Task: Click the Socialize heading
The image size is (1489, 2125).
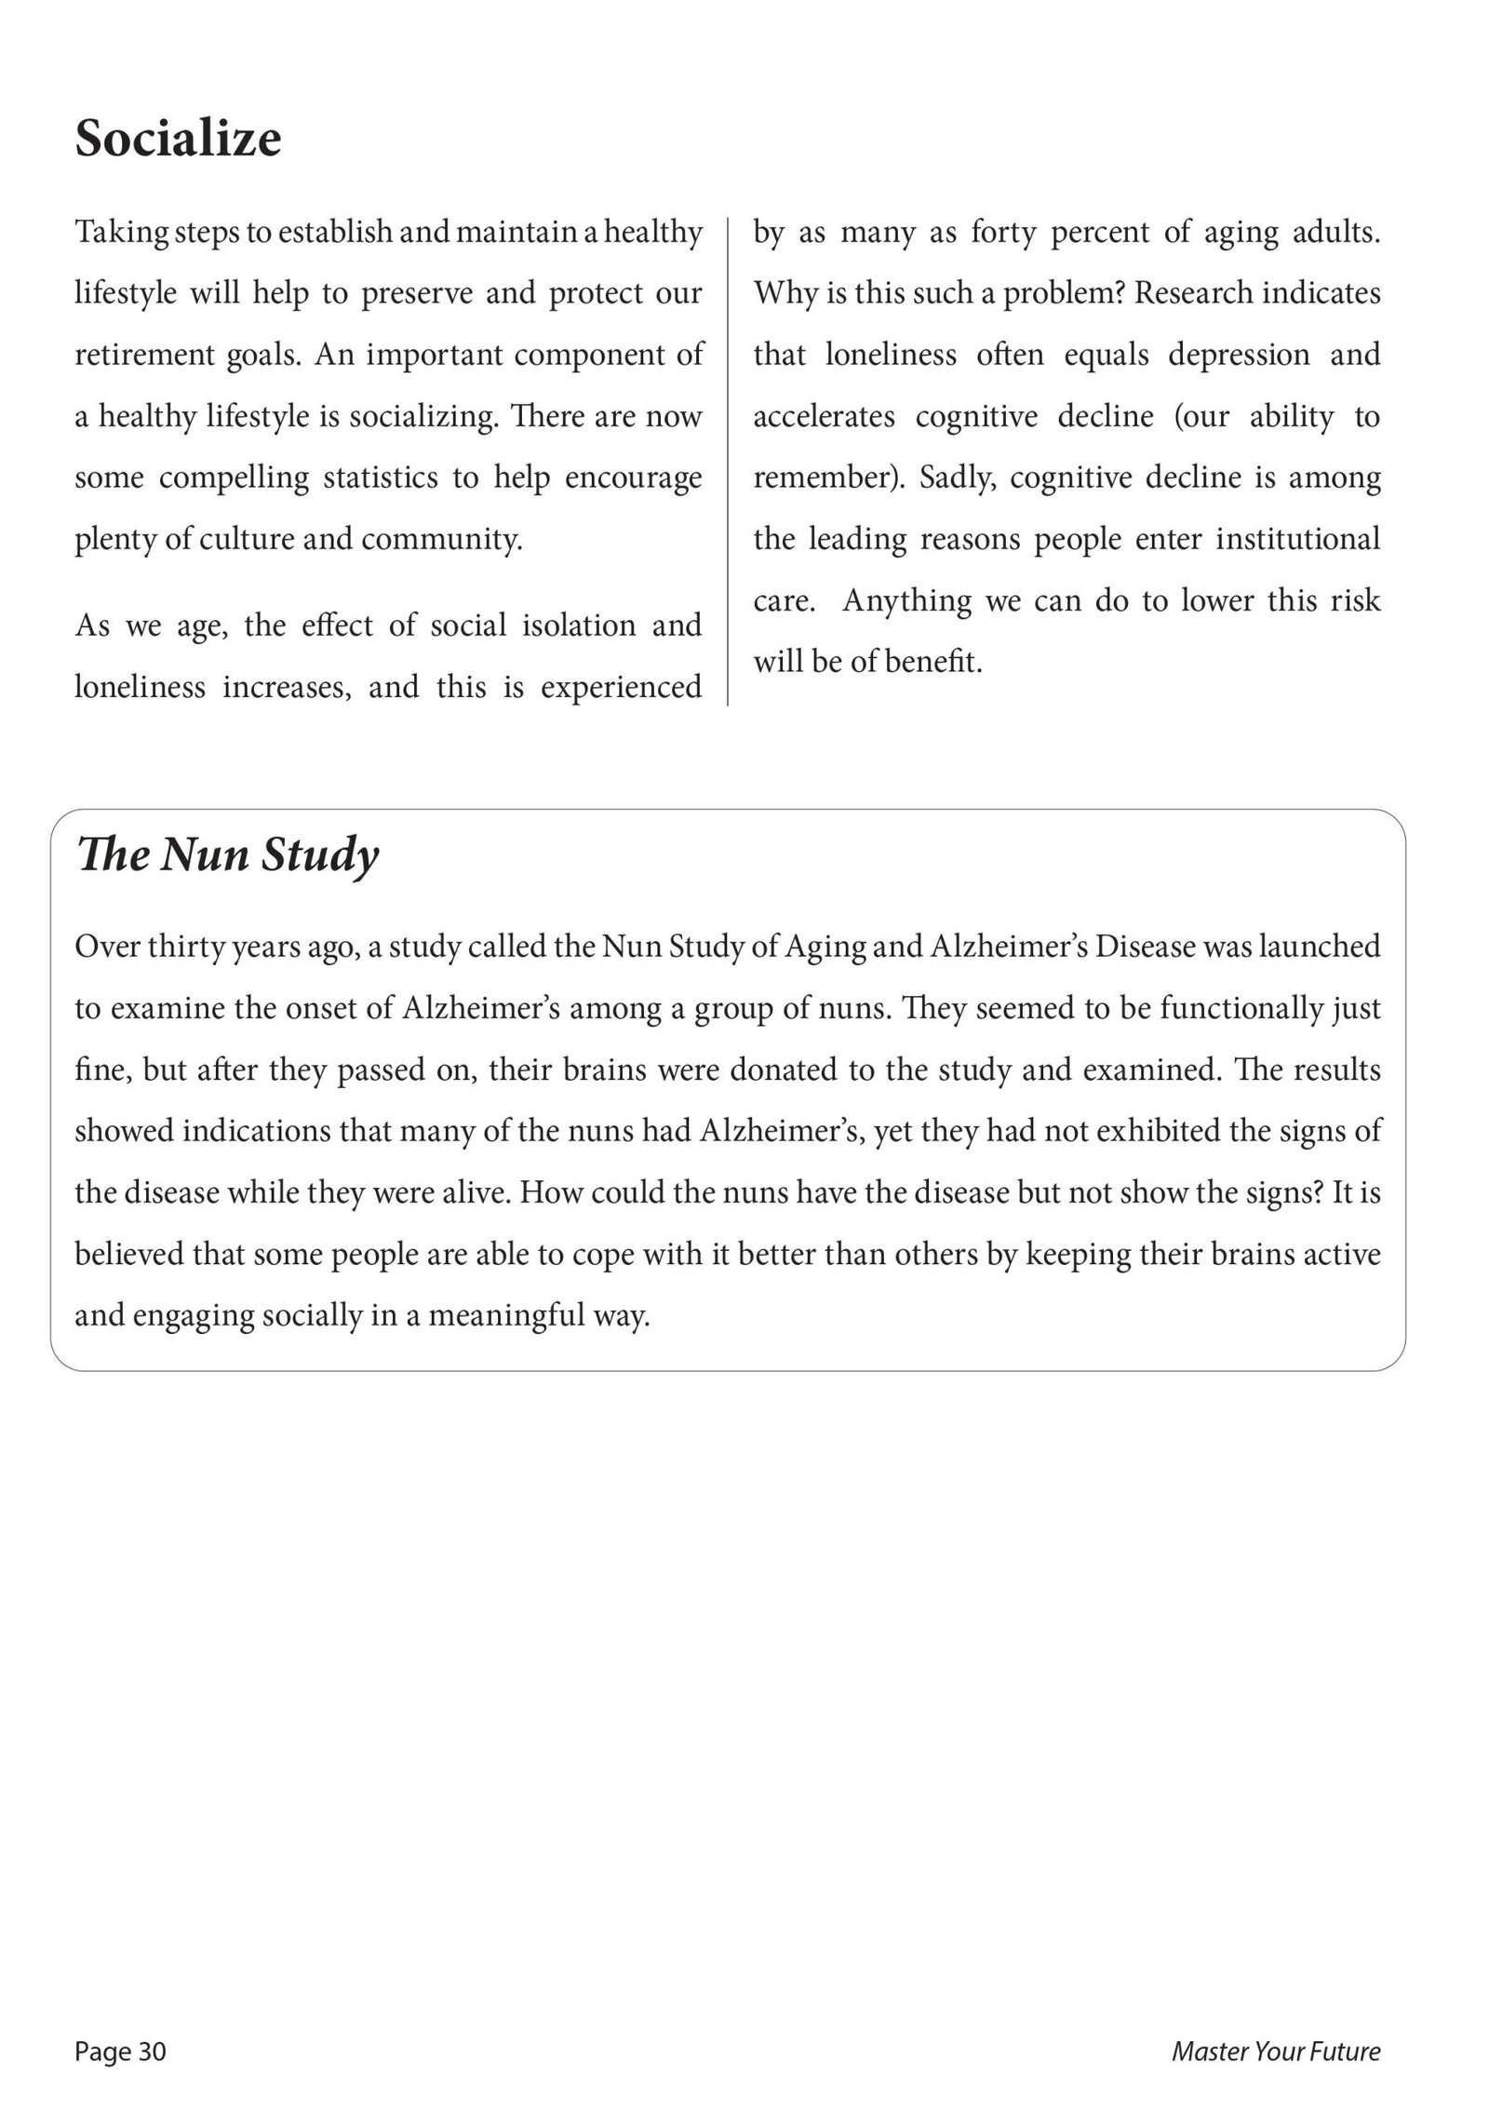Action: (x=178, y=139)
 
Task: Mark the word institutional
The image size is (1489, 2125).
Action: (x=1297, y=539)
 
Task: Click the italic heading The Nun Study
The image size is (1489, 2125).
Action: (x=228, y=854)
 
